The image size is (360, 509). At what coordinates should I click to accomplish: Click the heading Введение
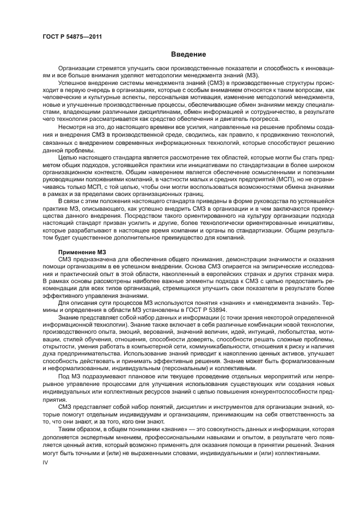coord(188,54)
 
